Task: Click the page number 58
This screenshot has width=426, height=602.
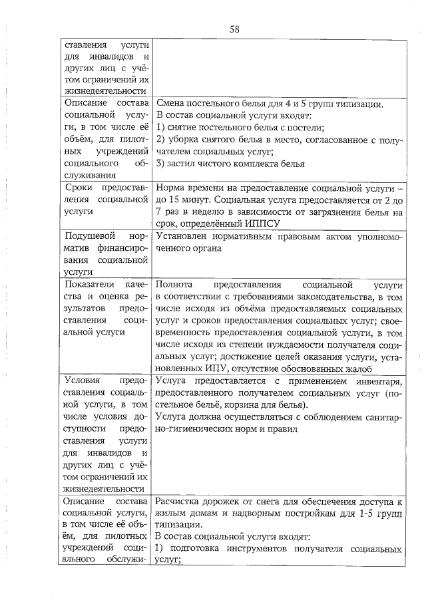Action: pyautogui.click(x=234, y=29)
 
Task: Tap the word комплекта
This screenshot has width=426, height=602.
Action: pyautogui.click(x=260, y=164)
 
